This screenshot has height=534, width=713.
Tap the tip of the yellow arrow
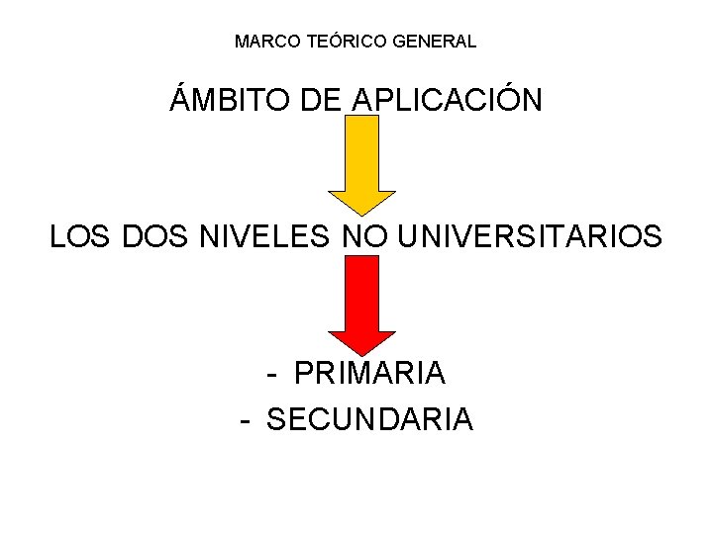coord(362,214)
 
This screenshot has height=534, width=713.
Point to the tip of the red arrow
coord(362,354)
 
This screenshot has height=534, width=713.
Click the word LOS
coord(81,237)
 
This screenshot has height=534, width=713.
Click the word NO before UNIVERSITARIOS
coord(363,237)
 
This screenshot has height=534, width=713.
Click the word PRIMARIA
coord(370,373)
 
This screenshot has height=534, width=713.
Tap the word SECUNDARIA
coord(370,419)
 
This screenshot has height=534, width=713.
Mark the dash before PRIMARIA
coord(272,375)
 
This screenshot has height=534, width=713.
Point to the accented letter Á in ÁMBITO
coord(181,99)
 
